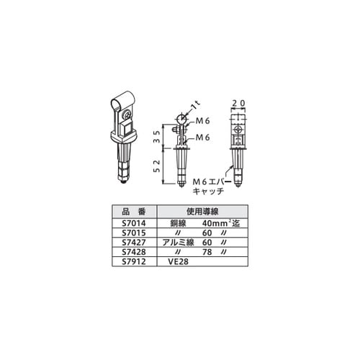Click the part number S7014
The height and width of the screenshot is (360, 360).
pos(134,223)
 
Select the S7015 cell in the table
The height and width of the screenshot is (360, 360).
pos(134,233)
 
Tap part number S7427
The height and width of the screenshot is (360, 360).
pos(134,243)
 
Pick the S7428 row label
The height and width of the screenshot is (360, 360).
pos(134,252)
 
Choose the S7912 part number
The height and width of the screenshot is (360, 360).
pos(134,261)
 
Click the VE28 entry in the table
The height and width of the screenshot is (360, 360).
pos(178,261)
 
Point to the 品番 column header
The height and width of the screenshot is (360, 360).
pos(134,212)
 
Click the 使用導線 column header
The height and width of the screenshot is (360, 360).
pos(202,212)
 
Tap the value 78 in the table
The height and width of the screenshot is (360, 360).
pos(207,252)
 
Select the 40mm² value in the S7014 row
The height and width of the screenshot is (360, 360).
pos(215,223)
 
